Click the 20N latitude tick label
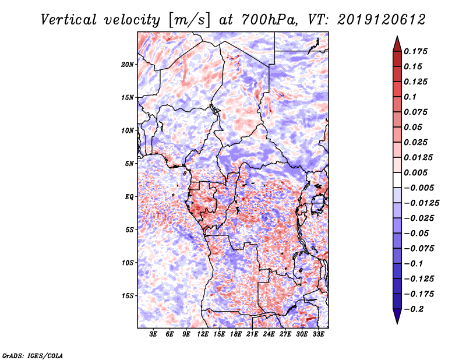[128, 64]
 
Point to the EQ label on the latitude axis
[129, 196]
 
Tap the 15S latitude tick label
[128, 295]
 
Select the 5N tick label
[129, 163]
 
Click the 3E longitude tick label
[153, 334]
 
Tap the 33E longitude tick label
[319, 334]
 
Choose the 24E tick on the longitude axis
[269, 334]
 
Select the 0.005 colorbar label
[416, 172]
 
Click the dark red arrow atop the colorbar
[396, 43]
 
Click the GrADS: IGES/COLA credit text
[32, 355]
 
